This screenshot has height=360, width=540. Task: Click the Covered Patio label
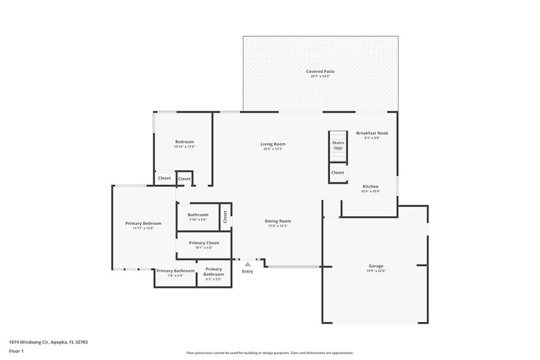[x=320, y=72]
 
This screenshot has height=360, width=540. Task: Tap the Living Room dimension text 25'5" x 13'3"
[x=273, y=149]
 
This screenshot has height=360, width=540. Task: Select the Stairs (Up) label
[x=338, y=145]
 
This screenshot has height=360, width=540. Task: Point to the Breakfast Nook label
[x=372, y=133]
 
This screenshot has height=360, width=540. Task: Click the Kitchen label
[x=370, y=186]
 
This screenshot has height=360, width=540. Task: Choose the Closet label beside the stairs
[x=338, y=173]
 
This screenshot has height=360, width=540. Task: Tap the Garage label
[x=375, y=266]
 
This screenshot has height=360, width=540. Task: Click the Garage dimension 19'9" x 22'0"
[x=375, y=271]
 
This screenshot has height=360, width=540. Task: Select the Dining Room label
[x=277, y=221]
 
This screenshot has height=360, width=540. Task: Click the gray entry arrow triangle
[x=247, y=264]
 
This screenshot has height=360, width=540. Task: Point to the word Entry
[x=247, y=271]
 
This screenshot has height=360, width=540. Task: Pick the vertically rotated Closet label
[x=225, y=216]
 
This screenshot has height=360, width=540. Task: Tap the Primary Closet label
[x=204, y=243]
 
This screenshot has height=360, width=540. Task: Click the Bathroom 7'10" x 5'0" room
[x=198, y=217]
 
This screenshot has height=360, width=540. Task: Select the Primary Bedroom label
[x=143, y=223]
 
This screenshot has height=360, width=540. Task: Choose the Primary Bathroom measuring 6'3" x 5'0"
[x=214, y=271]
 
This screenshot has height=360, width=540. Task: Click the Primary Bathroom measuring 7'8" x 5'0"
[x=175, y=272]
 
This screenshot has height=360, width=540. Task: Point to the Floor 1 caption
[x=16, y=351]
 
